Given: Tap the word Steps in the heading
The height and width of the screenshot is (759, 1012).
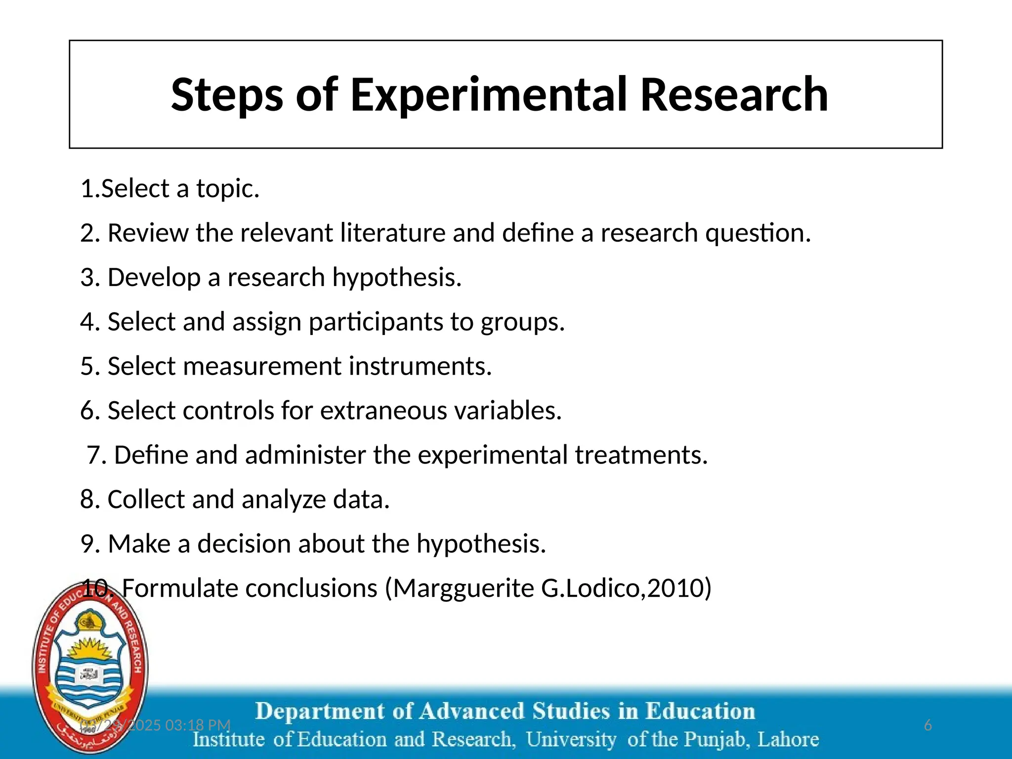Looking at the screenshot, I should click(x=227, y=95).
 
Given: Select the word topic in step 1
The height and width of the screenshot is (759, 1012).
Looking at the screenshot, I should click(x=228, y=189).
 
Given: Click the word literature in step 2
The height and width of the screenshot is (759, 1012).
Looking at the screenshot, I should click(x=392, y=233).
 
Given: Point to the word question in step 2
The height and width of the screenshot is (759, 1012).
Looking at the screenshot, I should click(x=758, y=233).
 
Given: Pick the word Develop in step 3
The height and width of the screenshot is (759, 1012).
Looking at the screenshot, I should click(x=154, y=277).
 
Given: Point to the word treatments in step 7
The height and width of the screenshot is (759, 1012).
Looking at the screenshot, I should click(x=641, y=455).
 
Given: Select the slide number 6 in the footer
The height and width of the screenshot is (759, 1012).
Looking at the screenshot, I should click(x=928, y=725).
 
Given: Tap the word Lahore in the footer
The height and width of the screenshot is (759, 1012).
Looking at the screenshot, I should click(x=788, y=740).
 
